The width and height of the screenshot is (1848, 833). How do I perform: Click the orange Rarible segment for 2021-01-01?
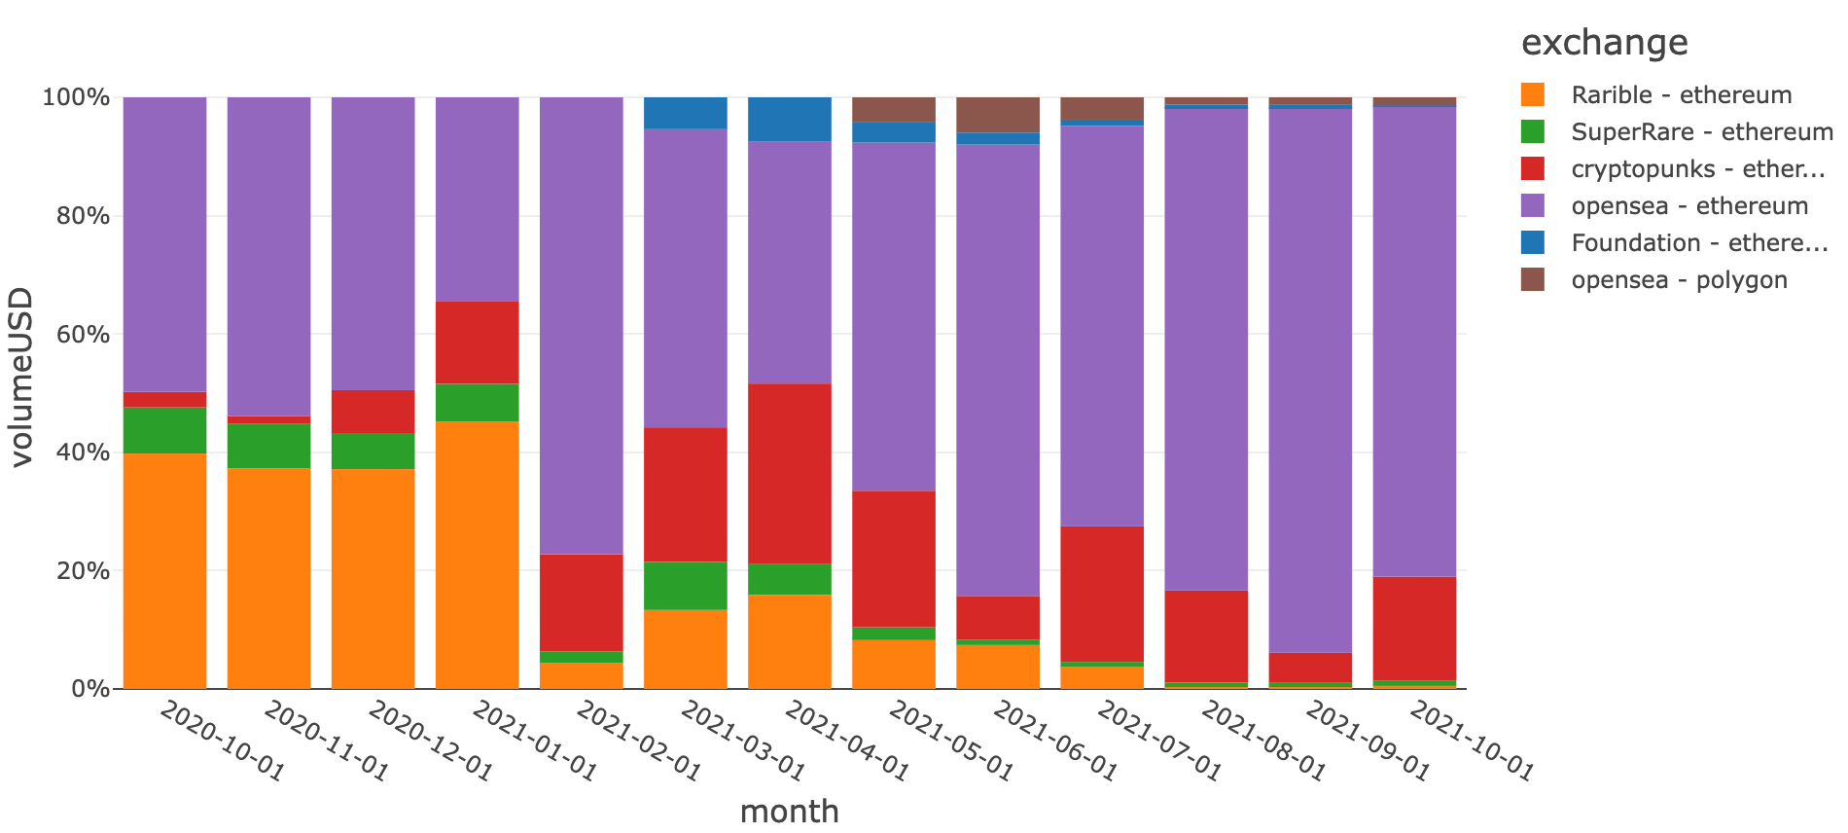[477, 555]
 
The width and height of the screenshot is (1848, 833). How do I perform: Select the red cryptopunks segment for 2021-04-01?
[790, 474]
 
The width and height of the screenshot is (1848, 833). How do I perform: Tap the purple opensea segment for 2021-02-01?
[582, 326]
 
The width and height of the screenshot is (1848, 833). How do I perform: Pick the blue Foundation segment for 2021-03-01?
[686, 113]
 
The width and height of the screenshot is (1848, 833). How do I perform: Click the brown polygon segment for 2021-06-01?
[998, 115]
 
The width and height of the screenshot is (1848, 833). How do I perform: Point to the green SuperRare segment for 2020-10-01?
[164, 430]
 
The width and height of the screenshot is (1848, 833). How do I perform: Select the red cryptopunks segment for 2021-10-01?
[1414, 629]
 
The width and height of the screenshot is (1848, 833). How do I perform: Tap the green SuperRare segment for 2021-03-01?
[686, 586]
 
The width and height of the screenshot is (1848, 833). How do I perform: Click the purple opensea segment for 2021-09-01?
[1310, 380]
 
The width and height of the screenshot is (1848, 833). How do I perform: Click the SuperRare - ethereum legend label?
[1701, 132]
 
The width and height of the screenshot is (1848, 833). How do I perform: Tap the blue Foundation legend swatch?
[1533, 243]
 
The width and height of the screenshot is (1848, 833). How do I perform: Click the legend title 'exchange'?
[1604, 43]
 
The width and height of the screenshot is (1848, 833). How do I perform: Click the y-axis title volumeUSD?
[21, 378]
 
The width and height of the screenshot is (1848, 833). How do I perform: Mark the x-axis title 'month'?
[789, 811]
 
